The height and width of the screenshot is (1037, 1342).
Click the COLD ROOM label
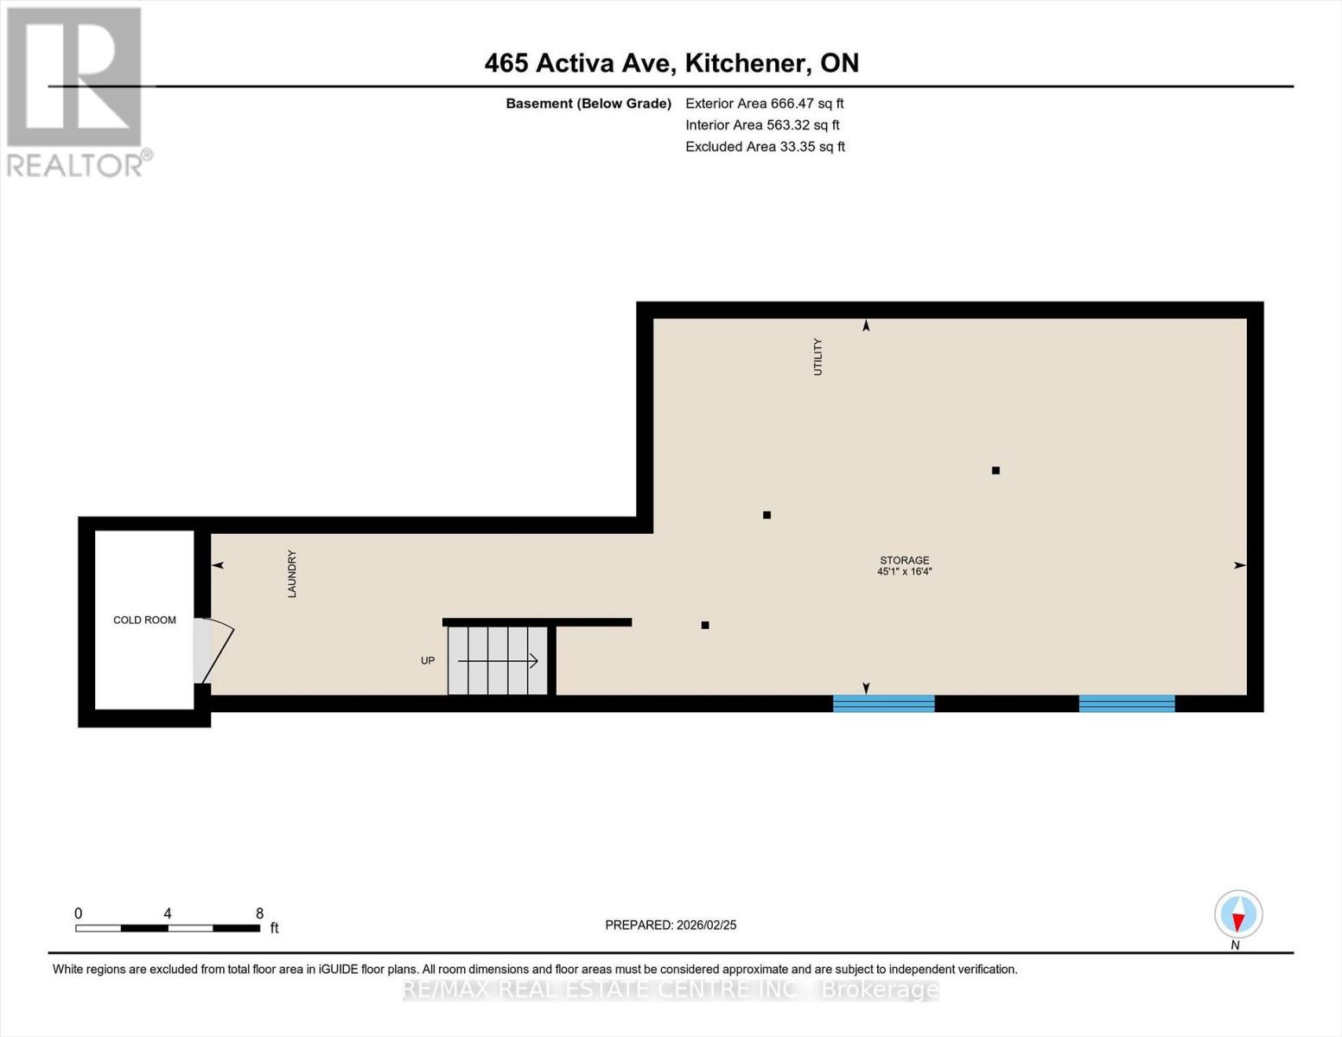point(144,620)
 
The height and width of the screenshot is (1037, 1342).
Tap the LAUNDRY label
point(292,574)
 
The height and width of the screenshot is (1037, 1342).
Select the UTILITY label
point(817,357)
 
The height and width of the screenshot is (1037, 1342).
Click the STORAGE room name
point(905,560)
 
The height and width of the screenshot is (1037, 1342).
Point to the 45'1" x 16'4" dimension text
point(905,572)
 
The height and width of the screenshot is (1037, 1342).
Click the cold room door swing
point(216,651)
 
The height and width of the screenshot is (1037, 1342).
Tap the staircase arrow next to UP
point(499,661)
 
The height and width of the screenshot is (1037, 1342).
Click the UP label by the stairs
point(428,661)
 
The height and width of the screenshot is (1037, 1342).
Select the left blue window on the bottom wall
point(883,703)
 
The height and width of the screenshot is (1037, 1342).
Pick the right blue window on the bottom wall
point(1127,703)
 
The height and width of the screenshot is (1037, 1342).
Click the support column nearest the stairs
point(705,625)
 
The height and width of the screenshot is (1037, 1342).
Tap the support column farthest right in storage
point(995,471)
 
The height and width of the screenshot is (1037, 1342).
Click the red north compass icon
point(1238,914)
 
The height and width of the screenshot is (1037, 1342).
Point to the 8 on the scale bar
point(259,913)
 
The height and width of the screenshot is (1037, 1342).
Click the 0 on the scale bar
point(79,913)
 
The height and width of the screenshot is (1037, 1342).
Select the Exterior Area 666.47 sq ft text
point(764,104)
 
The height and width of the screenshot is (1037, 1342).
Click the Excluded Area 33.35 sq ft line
point(765,147)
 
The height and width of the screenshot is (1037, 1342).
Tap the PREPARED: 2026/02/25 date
point(671,925)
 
